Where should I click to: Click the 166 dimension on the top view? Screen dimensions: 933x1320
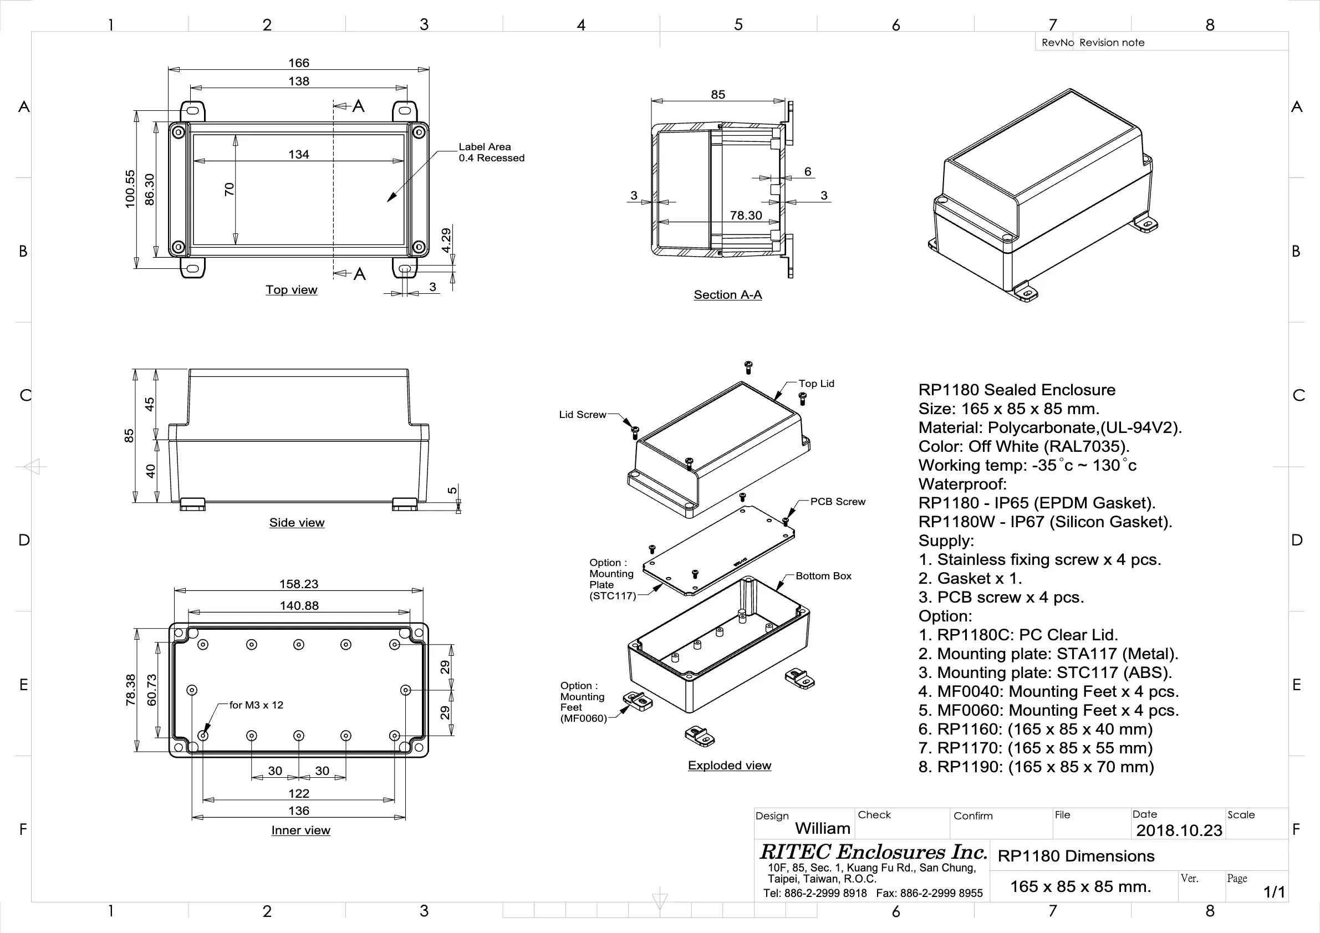coord(298,63)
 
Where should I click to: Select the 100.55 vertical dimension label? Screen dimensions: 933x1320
coord(130,188)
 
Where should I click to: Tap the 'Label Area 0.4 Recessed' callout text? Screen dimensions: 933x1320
coord(491,152)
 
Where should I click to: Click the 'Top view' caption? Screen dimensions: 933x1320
coord(291,290)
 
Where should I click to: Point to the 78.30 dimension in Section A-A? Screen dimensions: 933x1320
coord(746,216)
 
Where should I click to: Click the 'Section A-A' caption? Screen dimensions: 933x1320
coord(727,295)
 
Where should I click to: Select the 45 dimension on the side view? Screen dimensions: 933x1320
coord(150,404)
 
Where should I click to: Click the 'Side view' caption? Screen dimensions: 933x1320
coord(297,523)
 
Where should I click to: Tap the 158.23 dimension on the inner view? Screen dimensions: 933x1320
coord(298,584)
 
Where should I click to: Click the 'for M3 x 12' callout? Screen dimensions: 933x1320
coord(256,705)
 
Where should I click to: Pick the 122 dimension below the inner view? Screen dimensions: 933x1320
coord(298,794)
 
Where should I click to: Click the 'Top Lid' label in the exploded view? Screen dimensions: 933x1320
coord(816,384)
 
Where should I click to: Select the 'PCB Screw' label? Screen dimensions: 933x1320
coord(837,502)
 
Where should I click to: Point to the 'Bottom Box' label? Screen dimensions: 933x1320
coord(823,576)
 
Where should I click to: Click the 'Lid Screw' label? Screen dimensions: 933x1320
coord(583,415)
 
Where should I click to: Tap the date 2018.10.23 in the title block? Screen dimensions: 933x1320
coord(1179,830)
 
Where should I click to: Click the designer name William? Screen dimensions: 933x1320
coord(822,828)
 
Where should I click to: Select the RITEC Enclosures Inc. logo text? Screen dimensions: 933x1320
coord(873,852)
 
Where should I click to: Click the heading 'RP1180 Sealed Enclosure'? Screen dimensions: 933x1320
coord(1016,390)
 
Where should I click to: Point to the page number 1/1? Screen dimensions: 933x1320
coord(1273,892)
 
